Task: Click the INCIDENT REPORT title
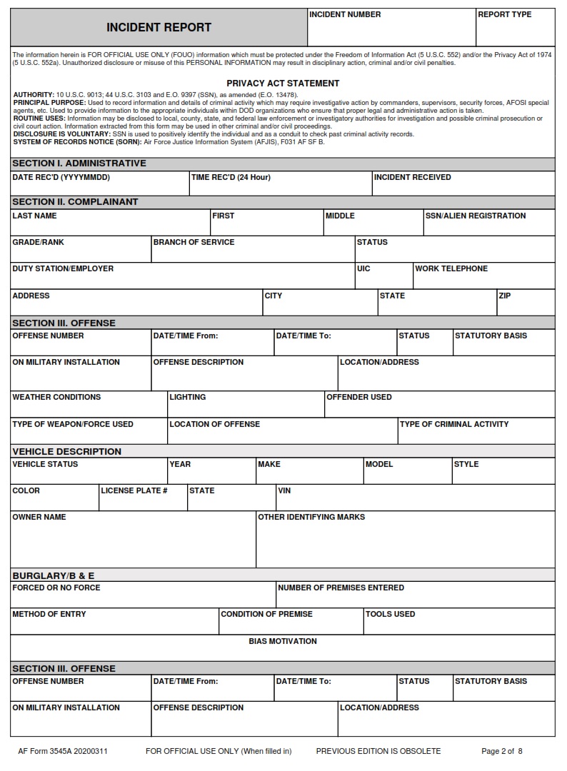click(x=159, y=28)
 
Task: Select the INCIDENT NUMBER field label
click(x=345, y=14)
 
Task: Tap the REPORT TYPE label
click(x=504, y=14)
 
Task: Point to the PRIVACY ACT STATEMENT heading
click(x=283, y=84)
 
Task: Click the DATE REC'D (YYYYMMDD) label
click(x=61, y=177)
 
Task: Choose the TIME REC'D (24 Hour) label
click(x=231, y=177)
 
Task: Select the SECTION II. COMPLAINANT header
click(x=75, y=202)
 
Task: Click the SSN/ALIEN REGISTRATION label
click(x=476, y=216)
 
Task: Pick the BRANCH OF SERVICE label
click(x=194, y=242)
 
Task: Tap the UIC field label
click(x=363, y=268)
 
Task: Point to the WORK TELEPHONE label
click(x=451, y=268)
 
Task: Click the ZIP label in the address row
click(x=505, y=296)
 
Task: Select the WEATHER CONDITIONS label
click(x=56, y=397)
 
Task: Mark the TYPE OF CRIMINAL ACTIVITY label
click(x=454, y=424)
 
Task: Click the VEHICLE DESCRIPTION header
click(x=66, y=451)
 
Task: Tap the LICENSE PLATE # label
click(x=134, y=490)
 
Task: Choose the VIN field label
click(x=284, y=490)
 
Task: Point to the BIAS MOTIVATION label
click(x=283, y=641)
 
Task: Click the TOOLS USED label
click(x=390, y=614)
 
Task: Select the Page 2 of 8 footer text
click(x=502, y=751)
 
